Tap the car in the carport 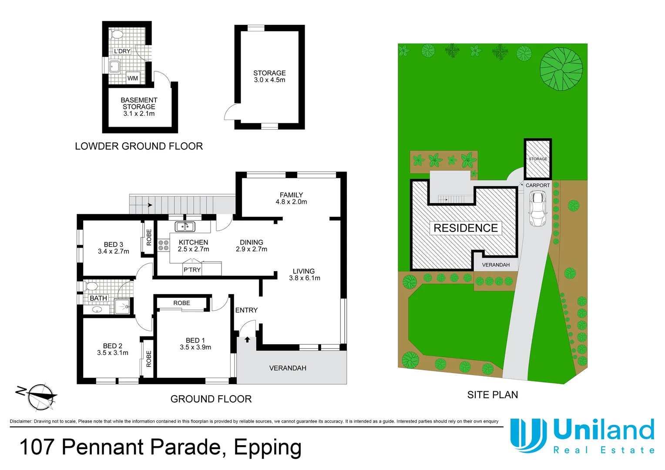pos(537,209)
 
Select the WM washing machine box pos(133,78)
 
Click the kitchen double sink pos(185,226)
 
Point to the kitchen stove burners pos(163,245)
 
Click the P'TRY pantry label pos(192,270)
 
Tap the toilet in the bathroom pos(91,286)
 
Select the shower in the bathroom pos(122,306)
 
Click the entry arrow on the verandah pos(247,339)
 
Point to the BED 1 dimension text pos(195,347)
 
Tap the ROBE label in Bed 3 pos(149,238)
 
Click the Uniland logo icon pos(528,435)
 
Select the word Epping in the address pos(267,447)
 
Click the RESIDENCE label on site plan pos(466,228)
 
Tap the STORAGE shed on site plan pos(538,159)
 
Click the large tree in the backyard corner pos(561,69)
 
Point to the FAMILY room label pos(291,195)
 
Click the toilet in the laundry pos(117,34)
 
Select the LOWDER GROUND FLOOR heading pos(139,146)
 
